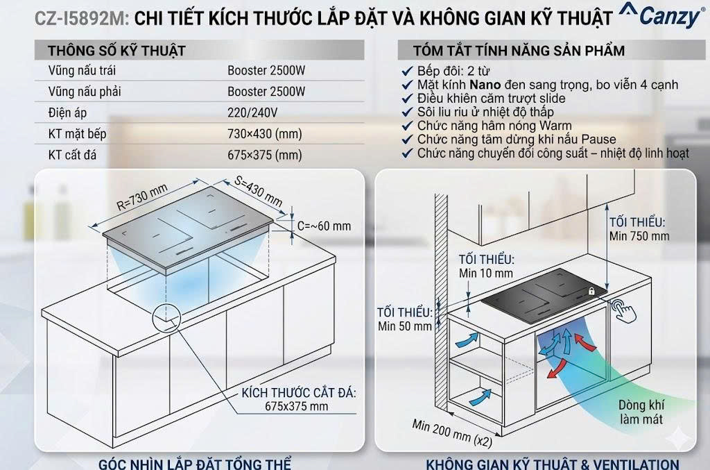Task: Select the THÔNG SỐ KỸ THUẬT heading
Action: click(x=116, y=51)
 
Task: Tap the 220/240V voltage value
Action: click(x=252, y=112)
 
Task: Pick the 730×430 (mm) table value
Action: click(x=265, y=134)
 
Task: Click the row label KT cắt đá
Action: click(x=76, y=156)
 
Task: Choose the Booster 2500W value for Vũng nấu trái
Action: click(x=266, y=70)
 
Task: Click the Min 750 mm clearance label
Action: click(x=639, y=236)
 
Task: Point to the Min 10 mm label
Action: click(x=486, y=273)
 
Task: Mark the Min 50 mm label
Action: click(x=404, y=326)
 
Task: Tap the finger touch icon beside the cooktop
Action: click(x=625, y=310)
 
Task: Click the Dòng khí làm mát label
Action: click(x=641, y=412)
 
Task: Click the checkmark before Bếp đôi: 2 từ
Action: click(x=408, y=72)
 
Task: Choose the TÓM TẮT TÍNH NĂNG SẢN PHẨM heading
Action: click(x=519, y=51)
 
